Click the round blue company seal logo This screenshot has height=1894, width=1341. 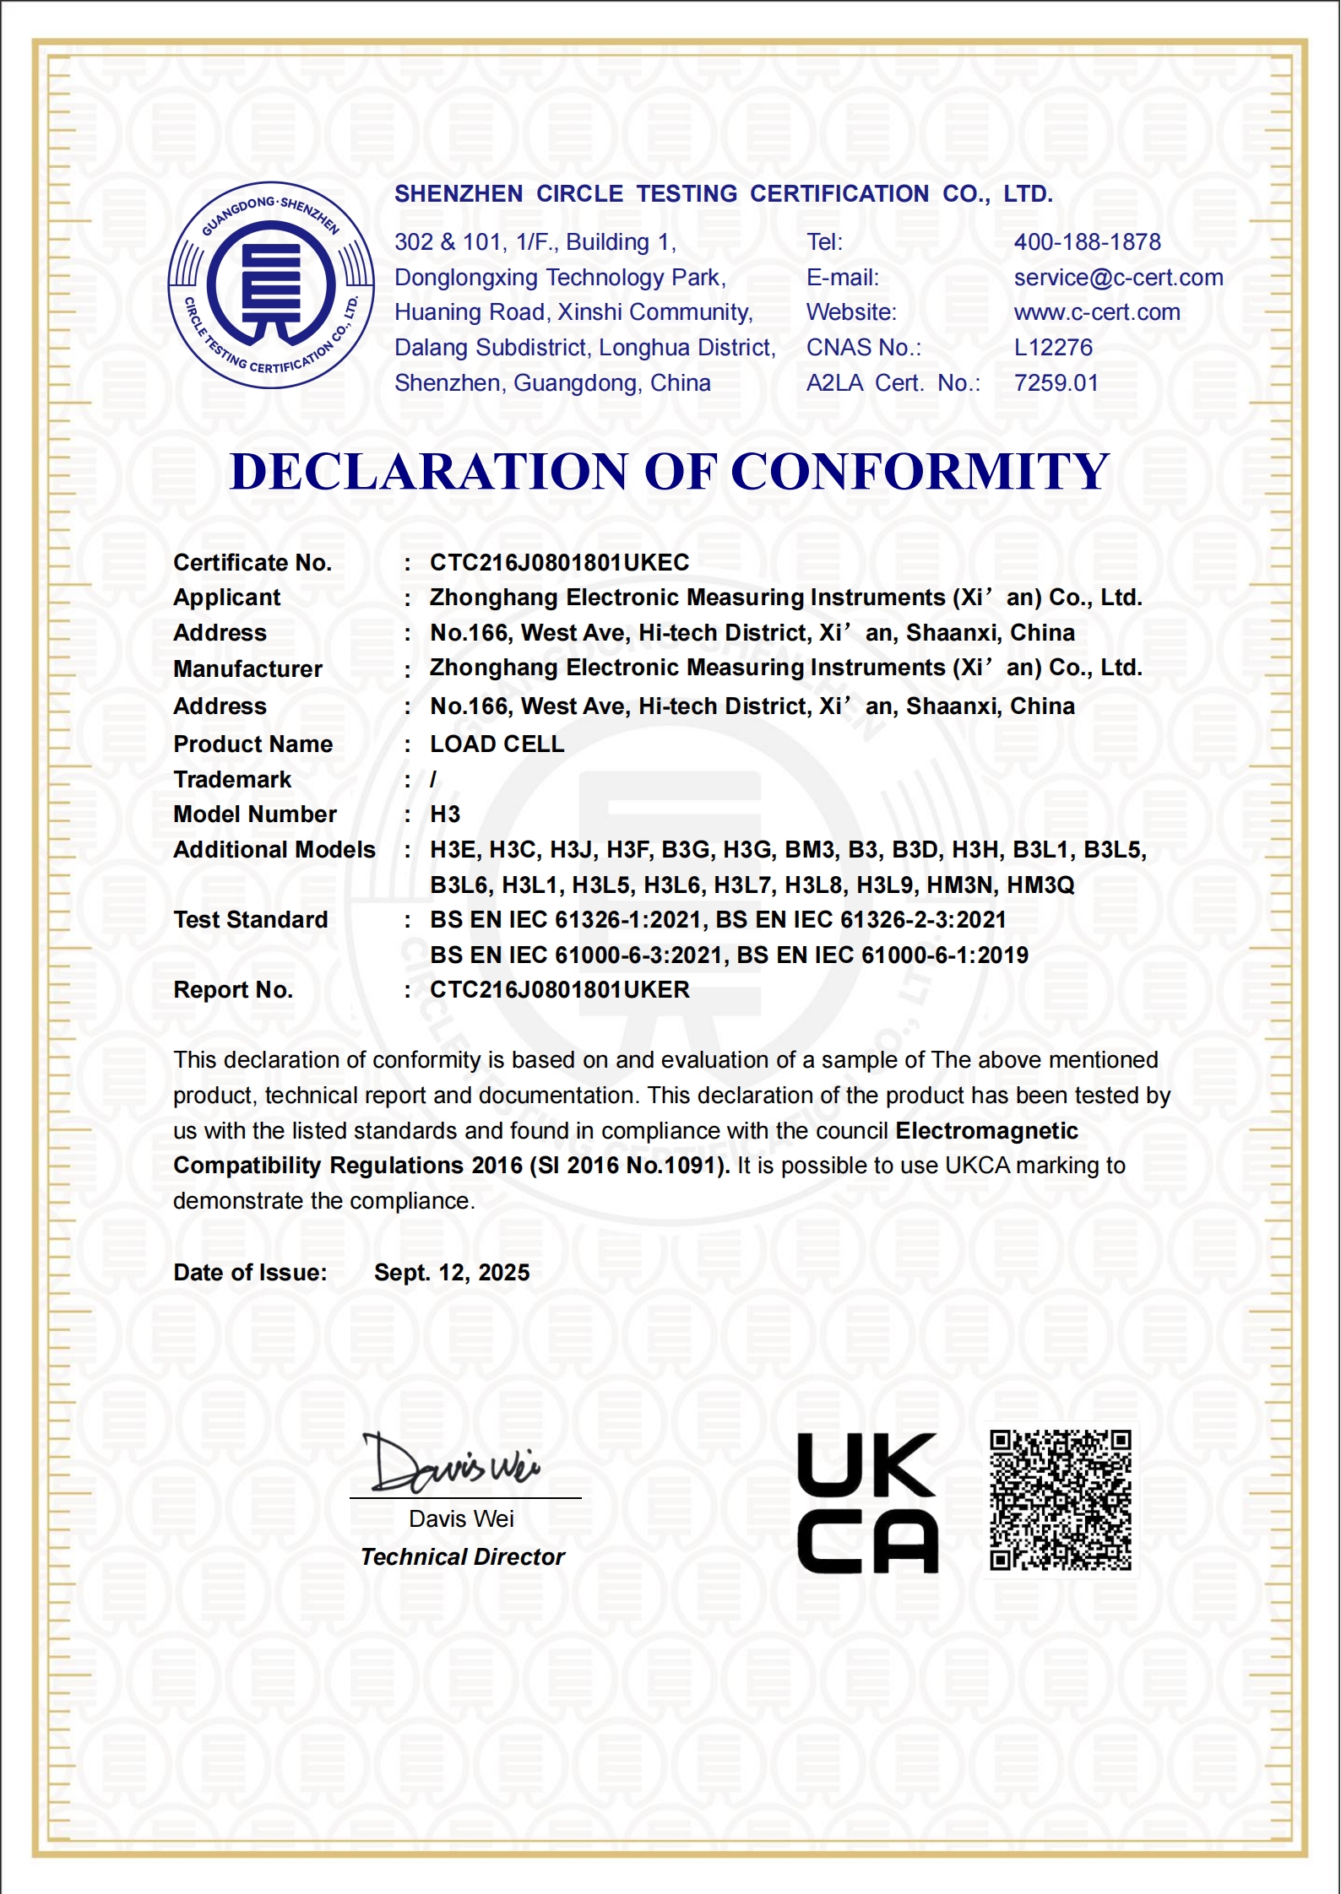[x=271, y=285]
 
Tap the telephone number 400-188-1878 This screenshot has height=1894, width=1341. [x=1087, y=242]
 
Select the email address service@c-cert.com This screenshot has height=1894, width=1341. [x=1118, y=278]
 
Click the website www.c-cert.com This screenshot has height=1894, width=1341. [x=1097, y=312]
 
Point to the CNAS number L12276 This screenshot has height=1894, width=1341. [x=1053, y=348]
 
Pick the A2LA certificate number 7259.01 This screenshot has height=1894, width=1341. [x=1056, y=383]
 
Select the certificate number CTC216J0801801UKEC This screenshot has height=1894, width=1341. [x=559, y=563]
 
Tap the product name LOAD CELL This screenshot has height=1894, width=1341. [x=497, y=744]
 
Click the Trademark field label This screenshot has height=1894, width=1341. [x=232, y=780]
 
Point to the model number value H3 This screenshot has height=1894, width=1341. [x=445, y=814]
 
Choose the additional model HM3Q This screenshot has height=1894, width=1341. [x=1040, y=885]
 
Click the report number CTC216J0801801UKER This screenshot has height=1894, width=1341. [x=559, y=990]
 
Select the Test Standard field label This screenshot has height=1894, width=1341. [x=250, y=920]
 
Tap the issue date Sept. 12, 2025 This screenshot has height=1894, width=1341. [x=452, y=1273]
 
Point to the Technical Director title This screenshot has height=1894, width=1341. [x=462, y=1557]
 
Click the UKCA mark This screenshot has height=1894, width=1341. [x=867, y=1503]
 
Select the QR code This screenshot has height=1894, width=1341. [x=1060, y=1500]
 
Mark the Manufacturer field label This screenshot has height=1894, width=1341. [x=247, y=669]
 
